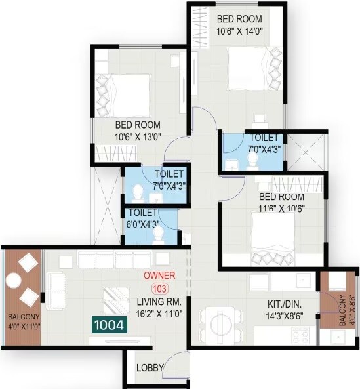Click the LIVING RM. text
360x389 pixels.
point(159,302)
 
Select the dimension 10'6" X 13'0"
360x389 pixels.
point(138,137)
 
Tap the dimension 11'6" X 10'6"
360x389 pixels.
point(281,208)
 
